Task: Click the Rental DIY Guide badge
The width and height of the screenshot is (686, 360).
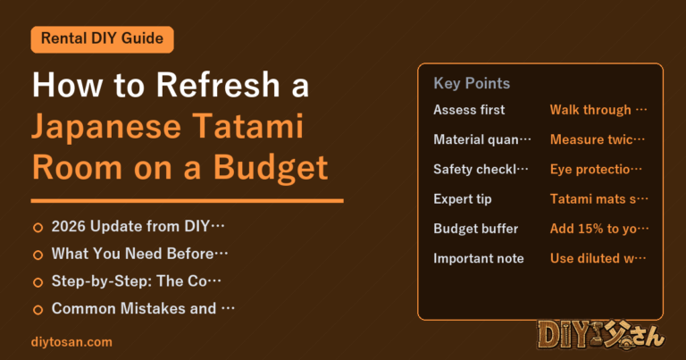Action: click(x=103, y=39)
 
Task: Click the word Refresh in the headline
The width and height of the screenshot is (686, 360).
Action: click(x=218, y=85)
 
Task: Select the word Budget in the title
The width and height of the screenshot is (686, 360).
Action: click(x=271, y=169)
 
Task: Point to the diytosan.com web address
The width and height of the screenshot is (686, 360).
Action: click(x=71, y=341)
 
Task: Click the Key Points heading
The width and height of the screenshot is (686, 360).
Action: click(x=472, y=83)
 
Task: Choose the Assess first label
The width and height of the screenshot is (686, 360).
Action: click(x=469, y=110)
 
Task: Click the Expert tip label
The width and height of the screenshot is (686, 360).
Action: click(x=463, y=199)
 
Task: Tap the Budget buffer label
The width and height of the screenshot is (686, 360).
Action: click(x=475, y=229)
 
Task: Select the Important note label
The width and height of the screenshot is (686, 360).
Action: click(x=479, y=258)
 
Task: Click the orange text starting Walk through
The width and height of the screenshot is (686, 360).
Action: click(x=598, y=110)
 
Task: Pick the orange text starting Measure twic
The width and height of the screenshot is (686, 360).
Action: click(x=598, y=139)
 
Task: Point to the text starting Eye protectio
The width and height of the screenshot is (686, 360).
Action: click(x=596, y=170)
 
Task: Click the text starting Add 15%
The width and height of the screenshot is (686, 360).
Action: click(x=599, y=229)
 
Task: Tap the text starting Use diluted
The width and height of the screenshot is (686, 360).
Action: click(x=598, y=258)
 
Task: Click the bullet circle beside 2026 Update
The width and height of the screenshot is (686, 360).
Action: click(x=38, y=228)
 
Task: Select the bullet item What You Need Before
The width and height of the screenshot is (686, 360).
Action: click(x=139, y=254)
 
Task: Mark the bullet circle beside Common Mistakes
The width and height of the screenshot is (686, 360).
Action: click(x=38, y=310)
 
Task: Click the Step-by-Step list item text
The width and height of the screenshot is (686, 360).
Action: click(x=137, y=280)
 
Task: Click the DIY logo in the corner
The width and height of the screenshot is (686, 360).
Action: click(x=601, y=335)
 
